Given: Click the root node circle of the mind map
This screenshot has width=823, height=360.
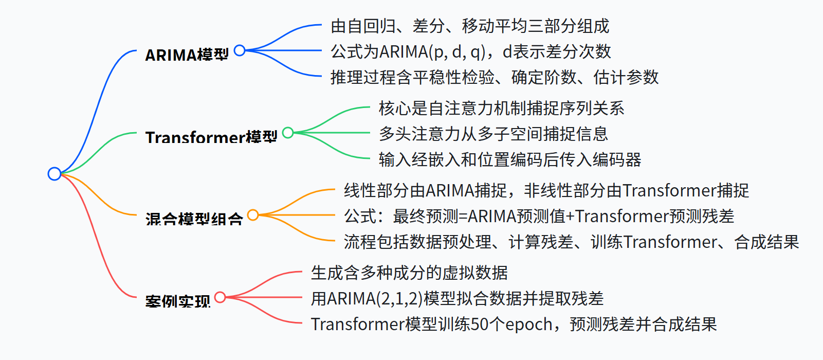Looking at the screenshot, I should point(54,174).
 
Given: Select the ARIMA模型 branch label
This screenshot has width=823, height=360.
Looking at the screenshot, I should point(187,55).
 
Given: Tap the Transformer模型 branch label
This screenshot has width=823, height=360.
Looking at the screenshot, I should point(211,137).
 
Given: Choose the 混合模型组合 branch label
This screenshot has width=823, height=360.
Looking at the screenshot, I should point(194,219).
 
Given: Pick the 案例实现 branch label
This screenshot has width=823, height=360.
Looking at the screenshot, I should point(177,301).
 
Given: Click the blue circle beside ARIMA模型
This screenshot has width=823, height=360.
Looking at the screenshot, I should point(240,50).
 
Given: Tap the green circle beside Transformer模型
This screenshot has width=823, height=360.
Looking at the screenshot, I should point(288,133).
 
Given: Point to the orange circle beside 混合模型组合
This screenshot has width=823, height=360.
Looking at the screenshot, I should point(253,215).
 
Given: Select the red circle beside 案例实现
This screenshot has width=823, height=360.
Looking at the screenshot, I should point(220,297).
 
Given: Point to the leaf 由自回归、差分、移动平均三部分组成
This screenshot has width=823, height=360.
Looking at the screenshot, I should point(470,26).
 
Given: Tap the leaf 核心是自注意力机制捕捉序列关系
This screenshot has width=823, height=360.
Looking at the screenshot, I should point(501,108).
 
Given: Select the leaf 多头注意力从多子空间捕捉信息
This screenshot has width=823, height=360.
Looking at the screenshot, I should point(493,134).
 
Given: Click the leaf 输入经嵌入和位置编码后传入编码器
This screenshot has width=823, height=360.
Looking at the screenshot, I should point(509,159).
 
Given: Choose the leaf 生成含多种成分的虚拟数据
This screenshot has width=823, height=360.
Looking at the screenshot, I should point(409,273).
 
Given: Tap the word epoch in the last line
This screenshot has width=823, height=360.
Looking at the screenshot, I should point(529,325).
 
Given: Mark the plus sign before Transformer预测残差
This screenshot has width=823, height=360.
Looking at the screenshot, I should point(570,217).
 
